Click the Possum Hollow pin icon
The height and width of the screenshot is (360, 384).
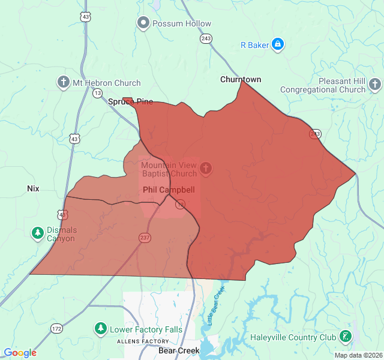point(143,23)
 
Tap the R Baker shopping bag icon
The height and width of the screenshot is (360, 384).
point(277,44)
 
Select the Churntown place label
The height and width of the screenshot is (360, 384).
point(241,79)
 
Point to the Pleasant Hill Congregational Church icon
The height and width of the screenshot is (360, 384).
point(374,84)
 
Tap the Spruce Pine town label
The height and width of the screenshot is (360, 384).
point(130,101)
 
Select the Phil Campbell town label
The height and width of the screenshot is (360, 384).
point(169,190)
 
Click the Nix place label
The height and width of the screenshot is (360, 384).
point(33,188)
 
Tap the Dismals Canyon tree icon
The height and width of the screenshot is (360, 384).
point(37,233)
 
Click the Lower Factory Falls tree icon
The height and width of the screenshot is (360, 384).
point(101,329)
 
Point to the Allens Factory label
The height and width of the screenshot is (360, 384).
point(143,341)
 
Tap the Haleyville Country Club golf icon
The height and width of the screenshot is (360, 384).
point(346,337)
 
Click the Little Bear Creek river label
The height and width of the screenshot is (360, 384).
point(214,306)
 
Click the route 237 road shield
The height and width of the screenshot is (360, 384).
point(146,238)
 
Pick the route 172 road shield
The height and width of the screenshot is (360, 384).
point(56,329)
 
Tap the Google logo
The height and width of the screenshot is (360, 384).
point(20,353)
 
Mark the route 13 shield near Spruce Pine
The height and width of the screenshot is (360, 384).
point(97,93)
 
